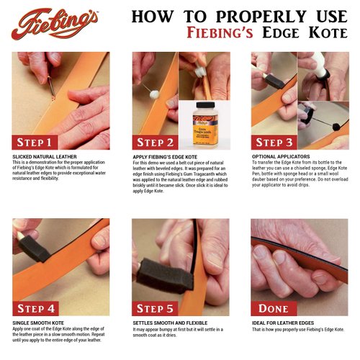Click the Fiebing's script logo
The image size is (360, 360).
(x=54, y=23)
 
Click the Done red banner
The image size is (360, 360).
(x=274, y=308)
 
